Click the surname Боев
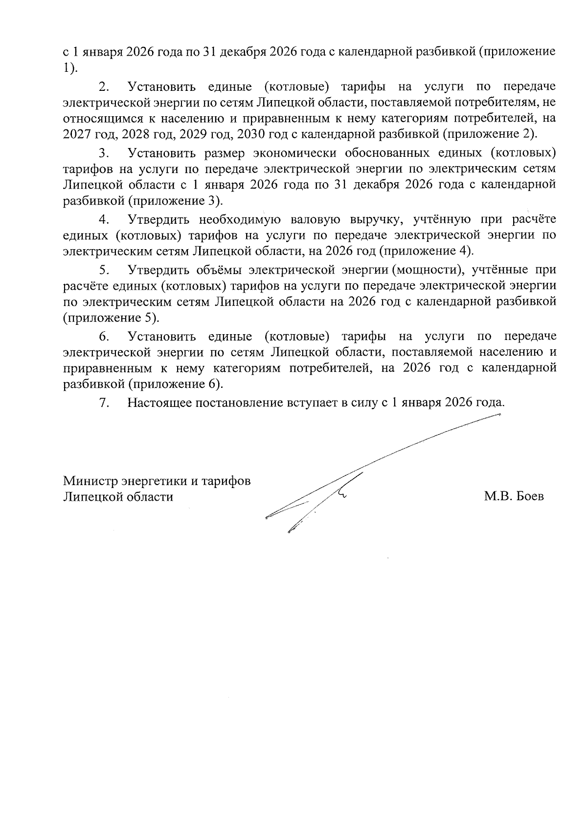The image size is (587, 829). pos(528,497)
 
